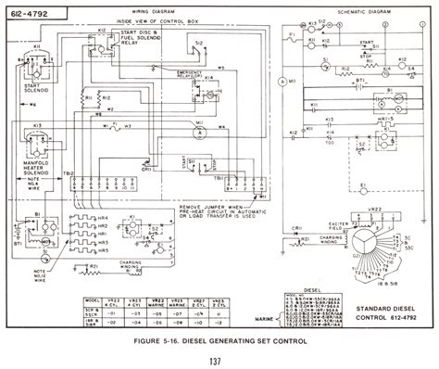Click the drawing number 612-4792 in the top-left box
click(30, 14)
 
